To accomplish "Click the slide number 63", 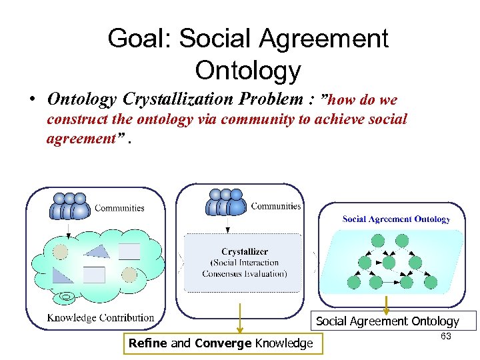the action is [x=445, y=337].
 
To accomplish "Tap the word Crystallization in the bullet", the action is [x=175, y=99].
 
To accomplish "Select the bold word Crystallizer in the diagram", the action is [x=245, y=251].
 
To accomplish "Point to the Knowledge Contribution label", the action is [x=101, y=317].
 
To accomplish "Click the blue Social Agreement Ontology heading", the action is [x=396, y=219].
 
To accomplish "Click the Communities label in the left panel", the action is [x=119, y=208].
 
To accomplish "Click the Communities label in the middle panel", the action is [x=276, y=206].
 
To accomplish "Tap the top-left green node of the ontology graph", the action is [x=379, y=241].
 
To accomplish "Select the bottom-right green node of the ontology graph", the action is [x=431, y=283].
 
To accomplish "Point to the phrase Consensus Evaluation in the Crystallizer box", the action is [x=245, y=273].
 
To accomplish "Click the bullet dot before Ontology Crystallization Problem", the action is [x=31, y=101].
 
